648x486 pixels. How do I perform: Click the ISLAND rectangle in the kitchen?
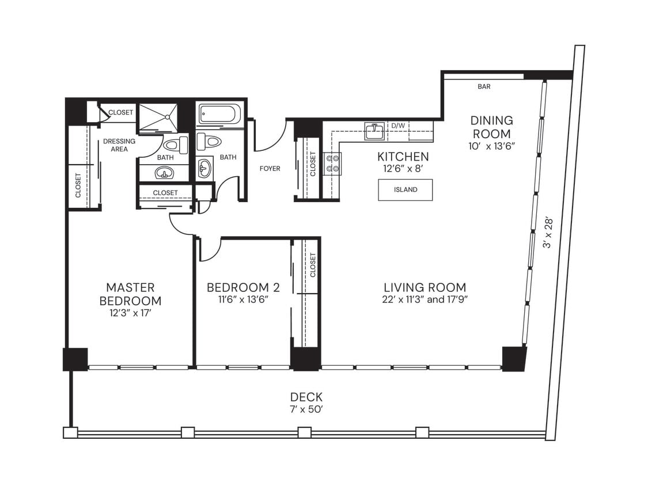pyautogui.click(x=405, y=190)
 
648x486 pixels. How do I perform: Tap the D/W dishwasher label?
pyautogui.click(x=398, y=126)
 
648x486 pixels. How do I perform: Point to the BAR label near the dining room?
pyautogui.click(x=484, y=87)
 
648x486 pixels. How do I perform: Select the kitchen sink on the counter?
pyautogui.click(x=374, y=131)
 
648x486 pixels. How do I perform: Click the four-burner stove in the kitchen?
pyautogui.click(x=332, y=163)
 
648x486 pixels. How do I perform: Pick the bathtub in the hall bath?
pyautogui.click(x=219, y=113)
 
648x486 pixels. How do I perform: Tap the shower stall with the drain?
pyautogui.click(x=158, y=117)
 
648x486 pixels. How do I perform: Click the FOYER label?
pyautogui.click(x=270, y=169)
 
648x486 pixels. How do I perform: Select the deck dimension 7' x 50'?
pyautogui.click(x=306, y=409)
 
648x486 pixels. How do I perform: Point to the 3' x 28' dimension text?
pyautogui.click(x=548, y=232)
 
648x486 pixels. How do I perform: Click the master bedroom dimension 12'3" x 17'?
pyautogui.click(x=130, y=313)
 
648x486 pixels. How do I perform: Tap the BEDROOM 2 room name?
pyautogui.click(x=238, y=287)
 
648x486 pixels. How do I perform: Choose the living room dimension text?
pyautogui.click(x=425, y=300)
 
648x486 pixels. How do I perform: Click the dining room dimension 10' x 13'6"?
pyautogui.click(x=491, y=146)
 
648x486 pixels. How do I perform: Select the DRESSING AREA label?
pyautogui.click(x=119, y=145)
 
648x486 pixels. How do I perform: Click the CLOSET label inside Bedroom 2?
pyautogui.click(x=313, y=265)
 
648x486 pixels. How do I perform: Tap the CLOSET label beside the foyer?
pyautogui.click(x=313, y=165)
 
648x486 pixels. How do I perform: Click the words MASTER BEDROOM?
pyautogui.click(x=130, y=294)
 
